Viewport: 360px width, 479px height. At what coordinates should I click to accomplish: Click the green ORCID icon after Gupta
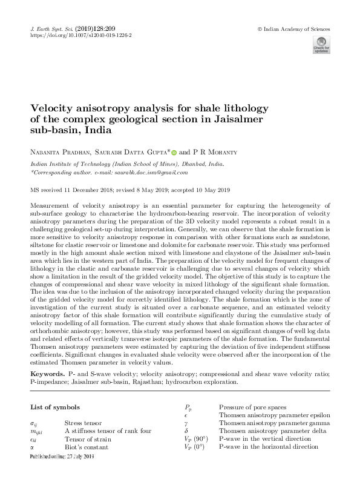coord(173,152)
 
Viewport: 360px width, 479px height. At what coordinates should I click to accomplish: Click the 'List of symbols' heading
coord(55,408)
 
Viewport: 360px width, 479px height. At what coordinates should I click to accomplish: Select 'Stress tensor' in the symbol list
coord(83,423)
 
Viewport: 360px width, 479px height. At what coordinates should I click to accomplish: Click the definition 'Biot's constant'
coord(85,447)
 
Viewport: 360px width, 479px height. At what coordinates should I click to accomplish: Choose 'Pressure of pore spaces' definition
coord(252,407)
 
